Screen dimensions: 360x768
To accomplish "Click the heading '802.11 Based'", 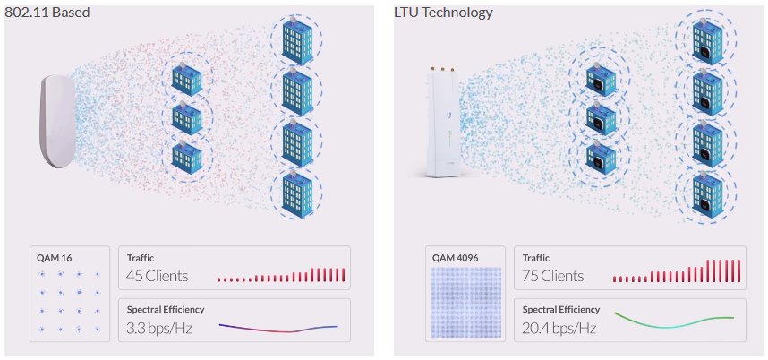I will point(47,13).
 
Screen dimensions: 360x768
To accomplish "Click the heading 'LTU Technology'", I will point(442,13).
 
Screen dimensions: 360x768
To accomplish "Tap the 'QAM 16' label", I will point(55,258).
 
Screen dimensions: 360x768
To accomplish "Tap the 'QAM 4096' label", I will point(455,258).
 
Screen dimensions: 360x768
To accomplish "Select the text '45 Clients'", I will point(155,275).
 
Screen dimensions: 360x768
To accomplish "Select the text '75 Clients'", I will point(552,275).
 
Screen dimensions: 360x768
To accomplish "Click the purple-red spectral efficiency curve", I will point(278,327).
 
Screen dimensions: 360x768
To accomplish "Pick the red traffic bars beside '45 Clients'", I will point(281,276).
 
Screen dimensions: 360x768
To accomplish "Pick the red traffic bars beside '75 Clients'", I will point(678,272).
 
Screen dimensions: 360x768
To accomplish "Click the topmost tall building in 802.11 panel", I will point(296,38).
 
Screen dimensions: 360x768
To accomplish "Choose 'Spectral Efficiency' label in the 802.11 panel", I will point(166,310).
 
